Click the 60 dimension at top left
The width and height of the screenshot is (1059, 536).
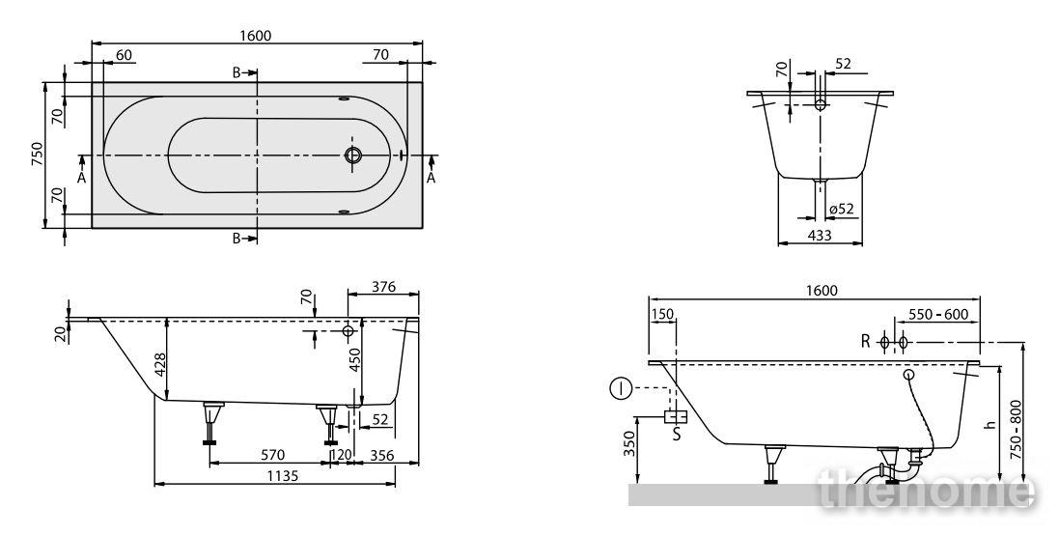(124, 55)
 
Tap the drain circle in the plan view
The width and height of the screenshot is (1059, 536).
(353, 155)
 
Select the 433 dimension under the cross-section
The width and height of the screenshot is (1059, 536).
(820, 236)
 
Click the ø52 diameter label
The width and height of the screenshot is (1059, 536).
(841, 209)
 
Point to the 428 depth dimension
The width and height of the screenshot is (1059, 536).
(159, 365)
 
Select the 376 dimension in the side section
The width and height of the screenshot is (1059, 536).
(383, 287)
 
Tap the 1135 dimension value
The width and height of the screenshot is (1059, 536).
(282, 476)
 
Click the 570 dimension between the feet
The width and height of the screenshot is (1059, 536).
(272, 456)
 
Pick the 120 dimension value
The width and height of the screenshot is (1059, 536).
(341, 456)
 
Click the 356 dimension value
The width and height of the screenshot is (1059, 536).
(381, 456)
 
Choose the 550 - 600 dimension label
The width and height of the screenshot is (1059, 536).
(938, 314)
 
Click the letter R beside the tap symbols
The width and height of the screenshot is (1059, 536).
(866, 342)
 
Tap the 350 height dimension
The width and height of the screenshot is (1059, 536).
(629, 443)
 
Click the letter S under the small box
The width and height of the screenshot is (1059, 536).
(676, 435)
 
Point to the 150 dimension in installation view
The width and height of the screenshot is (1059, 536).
(662, 314)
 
